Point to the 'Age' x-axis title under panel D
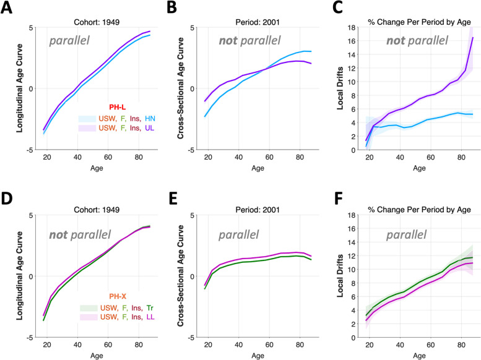[90, 354]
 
